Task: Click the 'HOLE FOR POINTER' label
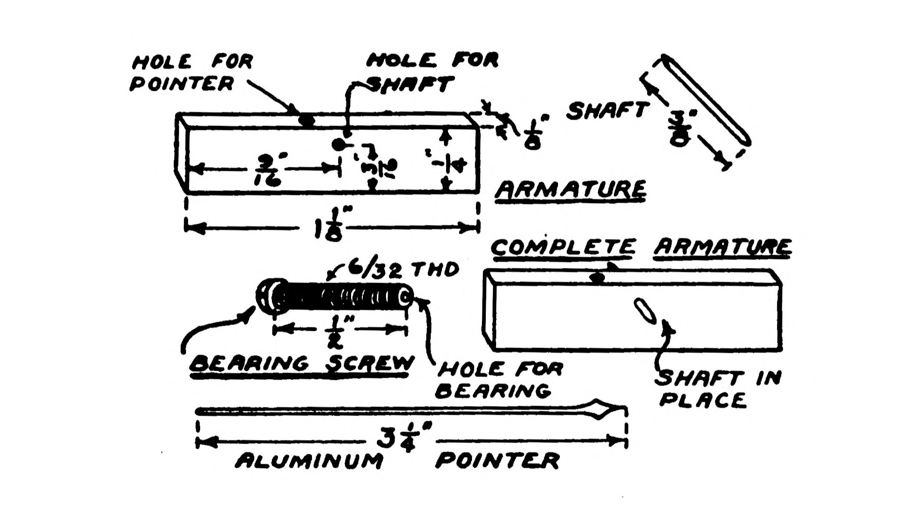point(191,72)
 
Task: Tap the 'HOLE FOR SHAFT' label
point(431,72)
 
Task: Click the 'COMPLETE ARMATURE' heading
point(640,248)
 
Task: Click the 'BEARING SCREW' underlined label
point(300,364)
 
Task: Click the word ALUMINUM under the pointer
point(309,461)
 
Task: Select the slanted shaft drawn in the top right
point(706,101)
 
